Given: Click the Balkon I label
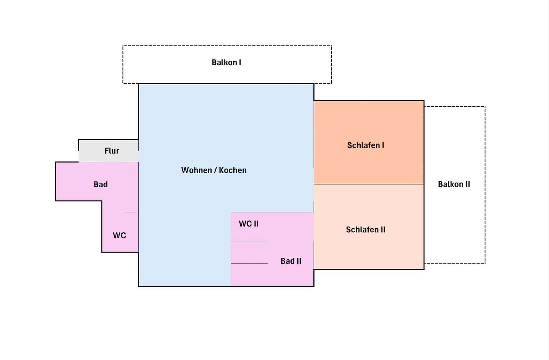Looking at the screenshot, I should pyautogui.click(x=226, y=63).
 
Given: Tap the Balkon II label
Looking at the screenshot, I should pyautogui.click(x=454, y=184).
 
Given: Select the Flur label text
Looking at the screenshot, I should pyautogui.click(x=112, y=151).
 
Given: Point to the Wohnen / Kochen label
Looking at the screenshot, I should pyautogui.click(x=214, y=170).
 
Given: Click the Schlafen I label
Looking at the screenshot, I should pyautogui.click(x=366, y=145).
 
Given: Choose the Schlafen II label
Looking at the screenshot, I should pyautogui.click(x=366, y=230).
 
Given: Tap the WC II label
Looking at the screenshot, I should pyautogui.click(x=249, y=224).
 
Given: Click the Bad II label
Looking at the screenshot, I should pyautogui.click(x=291, y=261).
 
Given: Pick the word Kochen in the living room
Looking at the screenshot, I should pyautogui.click(x=233, y=170).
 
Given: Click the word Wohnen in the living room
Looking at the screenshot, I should pyautogui.click(x=197, y=170).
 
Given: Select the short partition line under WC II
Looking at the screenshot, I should pyautogui.click(x=249, y=241).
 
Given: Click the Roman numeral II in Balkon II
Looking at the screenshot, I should pyautogui.click(x=467, y=184).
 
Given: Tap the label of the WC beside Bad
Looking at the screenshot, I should pyautogui.click(x=119, y=236).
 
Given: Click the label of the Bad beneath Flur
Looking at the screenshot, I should pyautogui.click(x=101, y=185).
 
